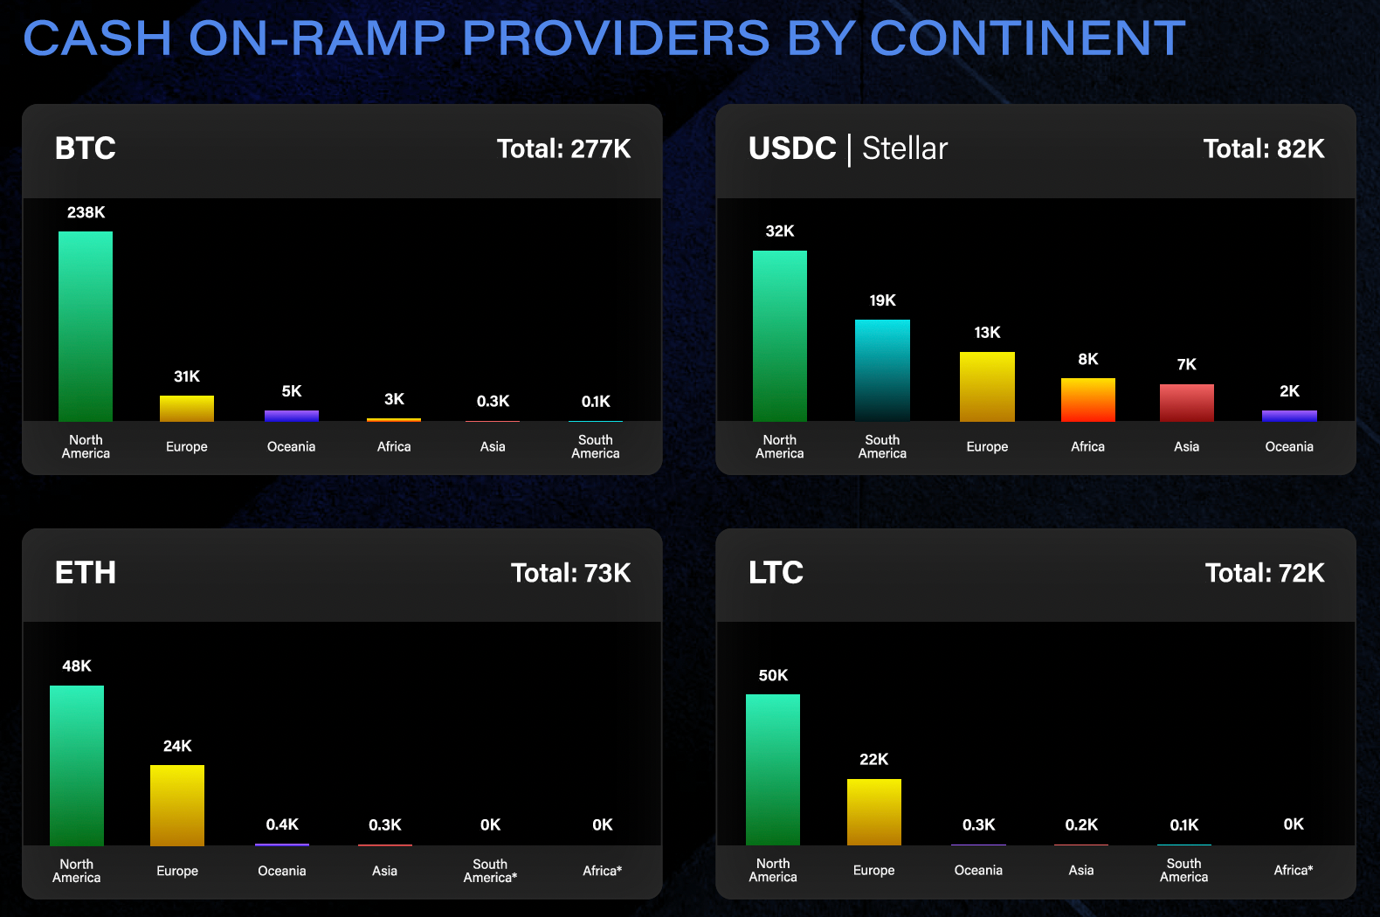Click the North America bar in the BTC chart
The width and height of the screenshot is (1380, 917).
click(86, 327)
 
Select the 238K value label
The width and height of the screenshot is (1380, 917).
click(86, 212)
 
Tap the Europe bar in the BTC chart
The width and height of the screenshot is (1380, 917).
click(187, 409)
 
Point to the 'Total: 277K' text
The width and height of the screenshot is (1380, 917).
click(563, 149)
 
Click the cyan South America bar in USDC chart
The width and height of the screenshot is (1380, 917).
click(882, 370)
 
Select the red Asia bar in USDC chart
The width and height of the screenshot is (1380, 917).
click(1186, 403)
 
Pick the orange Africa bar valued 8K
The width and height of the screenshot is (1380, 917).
click(1087, 400)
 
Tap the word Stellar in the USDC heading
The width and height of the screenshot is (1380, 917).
click(904, 149)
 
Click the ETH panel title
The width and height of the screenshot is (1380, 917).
click(86, 573)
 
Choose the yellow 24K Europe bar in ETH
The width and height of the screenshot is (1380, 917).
click(177, 805)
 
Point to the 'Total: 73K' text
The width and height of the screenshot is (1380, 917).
click(570, 574)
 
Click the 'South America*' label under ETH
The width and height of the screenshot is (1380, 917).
click(490, 871)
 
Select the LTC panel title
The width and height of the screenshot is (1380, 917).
click(776, 573)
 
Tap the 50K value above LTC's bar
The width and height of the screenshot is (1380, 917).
click(773, 675)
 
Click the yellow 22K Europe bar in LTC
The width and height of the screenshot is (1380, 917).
click(873, 812)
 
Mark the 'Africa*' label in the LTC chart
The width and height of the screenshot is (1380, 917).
click(1293, 870)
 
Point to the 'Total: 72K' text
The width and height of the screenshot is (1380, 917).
click(1264, 574)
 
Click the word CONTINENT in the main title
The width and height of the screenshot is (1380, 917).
click(1027, 38)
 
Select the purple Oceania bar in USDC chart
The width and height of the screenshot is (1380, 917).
click(1289, 416)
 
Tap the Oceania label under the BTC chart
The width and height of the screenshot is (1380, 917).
click(291, 446)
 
